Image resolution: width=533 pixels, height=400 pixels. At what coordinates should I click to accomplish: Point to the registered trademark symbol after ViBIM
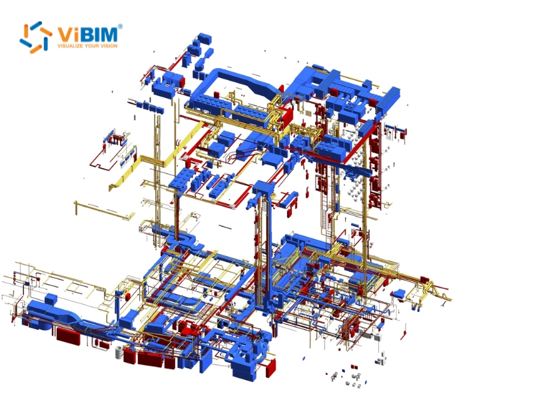coord(120,27)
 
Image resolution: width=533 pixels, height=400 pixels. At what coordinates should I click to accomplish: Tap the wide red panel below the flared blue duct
coord(67,335)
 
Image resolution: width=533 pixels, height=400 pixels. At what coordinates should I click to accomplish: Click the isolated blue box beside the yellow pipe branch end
coord(399,293)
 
